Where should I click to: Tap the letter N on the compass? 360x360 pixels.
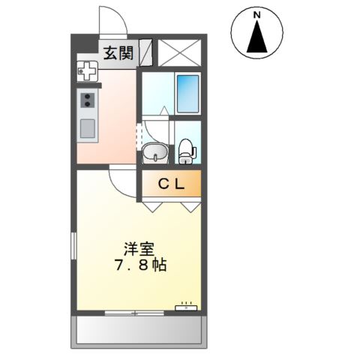(257, 14)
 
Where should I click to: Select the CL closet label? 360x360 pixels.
(172, 183)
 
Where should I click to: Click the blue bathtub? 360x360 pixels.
(187, 94)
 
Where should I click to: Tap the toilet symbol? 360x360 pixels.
(185, 151)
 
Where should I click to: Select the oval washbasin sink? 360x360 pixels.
(155, 154)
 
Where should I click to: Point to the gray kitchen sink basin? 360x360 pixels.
(87, 128)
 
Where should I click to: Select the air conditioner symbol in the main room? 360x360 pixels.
(185, 307)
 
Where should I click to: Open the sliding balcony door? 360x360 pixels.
(134, 313)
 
